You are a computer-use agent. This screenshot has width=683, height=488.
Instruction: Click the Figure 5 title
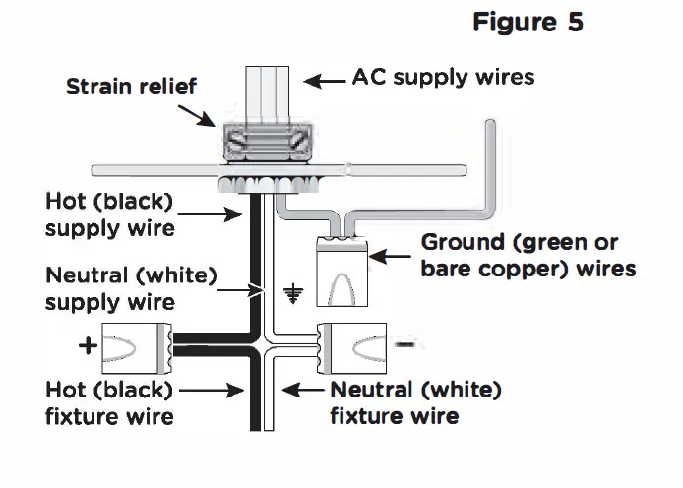528,23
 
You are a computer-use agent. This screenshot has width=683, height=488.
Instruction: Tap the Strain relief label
131,87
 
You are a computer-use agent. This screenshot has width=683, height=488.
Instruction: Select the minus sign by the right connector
404,345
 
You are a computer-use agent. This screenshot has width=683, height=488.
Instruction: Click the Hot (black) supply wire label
109,214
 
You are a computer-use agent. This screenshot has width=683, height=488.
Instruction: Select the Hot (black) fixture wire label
109,402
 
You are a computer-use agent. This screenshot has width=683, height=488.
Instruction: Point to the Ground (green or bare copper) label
528,255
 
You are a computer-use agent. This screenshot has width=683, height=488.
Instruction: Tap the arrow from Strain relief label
205,113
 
